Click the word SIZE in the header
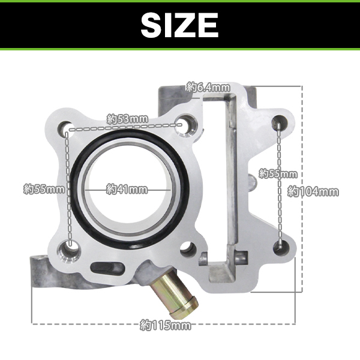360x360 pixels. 179,25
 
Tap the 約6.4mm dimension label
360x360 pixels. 208,87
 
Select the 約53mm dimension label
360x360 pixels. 127,119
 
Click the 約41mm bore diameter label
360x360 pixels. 127,190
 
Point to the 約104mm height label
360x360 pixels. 313,192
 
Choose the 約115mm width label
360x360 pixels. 166,325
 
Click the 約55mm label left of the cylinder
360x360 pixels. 44,190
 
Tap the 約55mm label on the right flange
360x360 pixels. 278,174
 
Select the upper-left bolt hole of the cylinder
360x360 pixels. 65,128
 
